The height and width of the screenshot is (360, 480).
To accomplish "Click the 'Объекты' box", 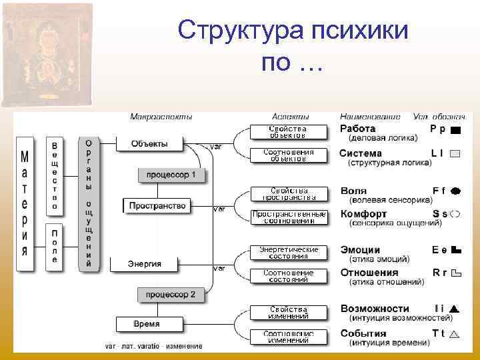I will coord(149,143).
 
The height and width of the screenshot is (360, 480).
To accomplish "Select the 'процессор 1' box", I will coord(172,175).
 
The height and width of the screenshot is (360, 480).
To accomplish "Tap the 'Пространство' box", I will coord(158,205).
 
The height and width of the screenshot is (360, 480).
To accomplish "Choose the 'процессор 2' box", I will coord(172,294).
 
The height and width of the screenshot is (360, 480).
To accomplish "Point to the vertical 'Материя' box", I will coord(25,204).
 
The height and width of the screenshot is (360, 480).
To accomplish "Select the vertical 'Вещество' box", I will coord(55,175).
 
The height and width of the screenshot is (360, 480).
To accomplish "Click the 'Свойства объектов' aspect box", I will coord(288,131).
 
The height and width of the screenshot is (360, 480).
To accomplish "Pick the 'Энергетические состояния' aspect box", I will coord(288,252).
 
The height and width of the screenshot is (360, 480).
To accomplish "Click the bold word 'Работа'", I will coord(358,128).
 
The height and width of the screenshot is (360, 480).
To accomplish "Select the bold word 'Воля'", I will coord(353,191).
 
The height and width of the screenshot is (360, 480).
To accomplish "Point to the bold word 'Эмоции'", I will coord(360,249).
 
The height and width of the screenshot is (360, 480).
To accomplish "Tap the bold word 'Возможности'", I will coord(375,309).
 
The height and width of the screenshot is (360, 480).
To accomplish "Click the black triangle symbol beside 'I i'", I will coord(455,309).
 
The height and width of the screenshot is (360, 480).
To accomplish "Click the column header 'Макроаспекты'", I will coord(161,116).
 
